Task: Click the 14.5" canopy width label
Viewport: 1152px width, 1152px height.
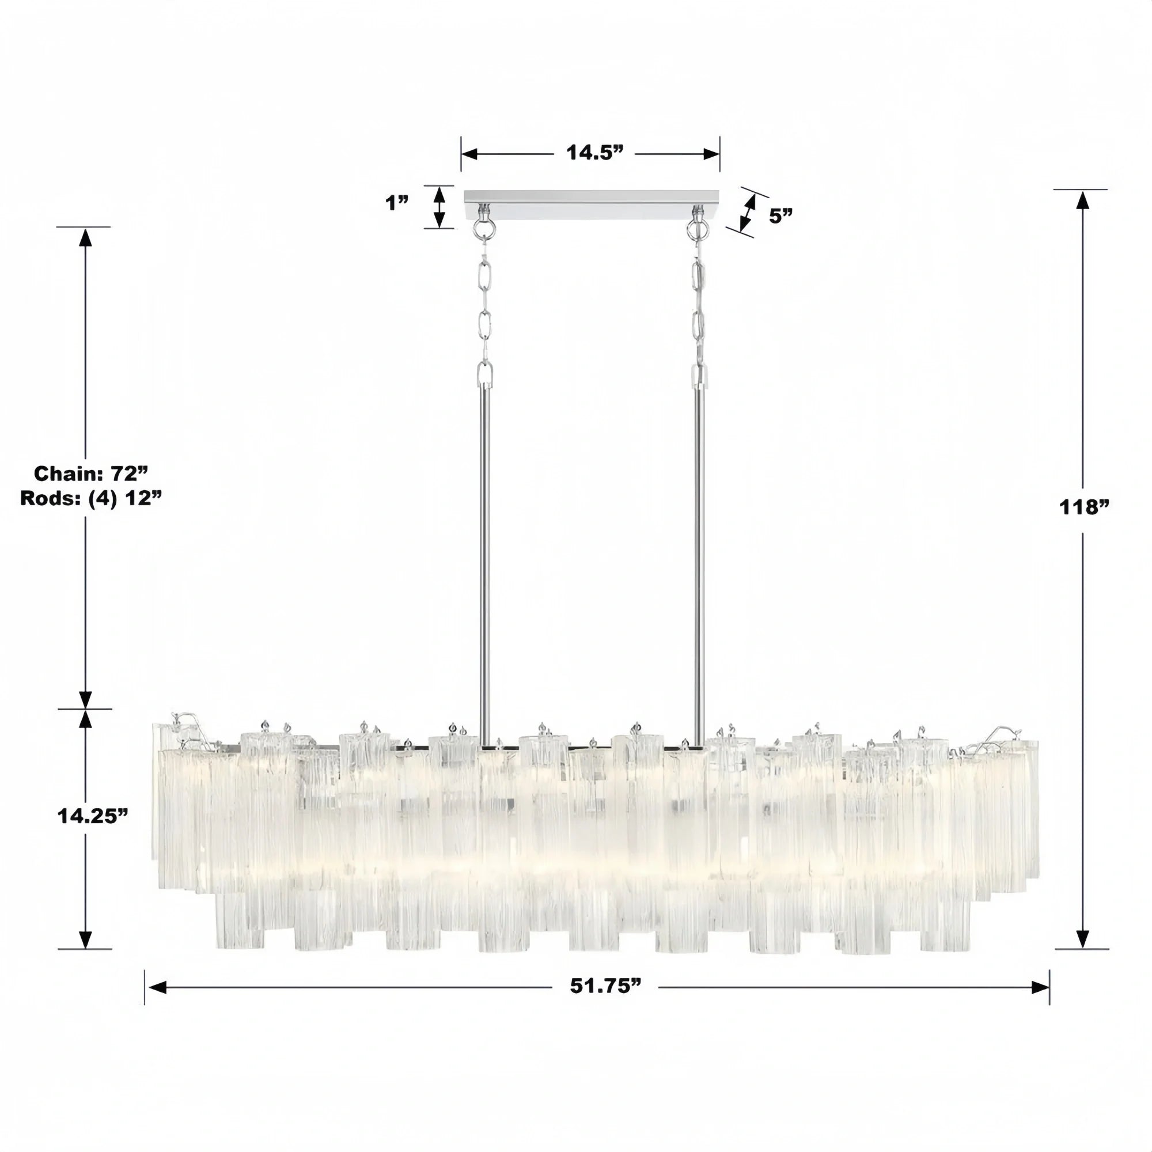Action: [x=594, y=153]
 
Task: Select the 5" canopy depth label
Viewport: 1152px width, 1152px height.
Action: [x=780, y=217]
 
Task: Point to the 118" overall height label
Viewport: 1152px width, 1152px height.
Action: [x=1083, y=507]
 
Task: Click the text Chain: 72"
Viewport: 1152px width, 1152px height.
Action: [x=90, y=473]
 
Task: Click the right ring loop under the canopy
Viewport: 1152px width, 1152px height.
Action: [x=695, y=228]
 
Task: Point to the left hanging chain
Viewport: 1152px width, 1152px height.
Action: [x=485, y=310]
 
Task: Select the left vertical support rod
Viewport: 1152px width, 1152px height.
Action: [x=485, y=548]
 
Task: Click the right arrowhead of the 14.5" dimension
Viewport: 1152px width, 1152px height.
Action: [x=711, y=154]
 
